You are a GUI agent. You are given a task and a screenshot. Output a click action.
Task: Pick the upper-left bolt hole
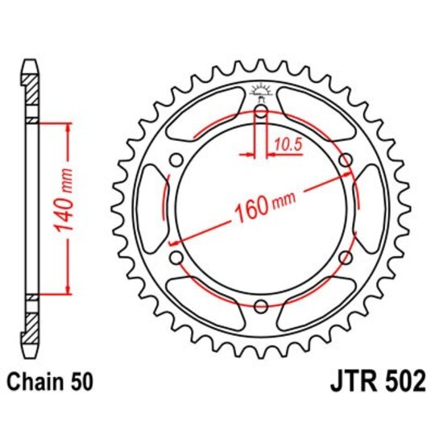point(176,161)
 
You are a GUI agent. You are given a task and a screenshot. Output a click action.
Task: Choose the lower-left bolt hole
point(176,257)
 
